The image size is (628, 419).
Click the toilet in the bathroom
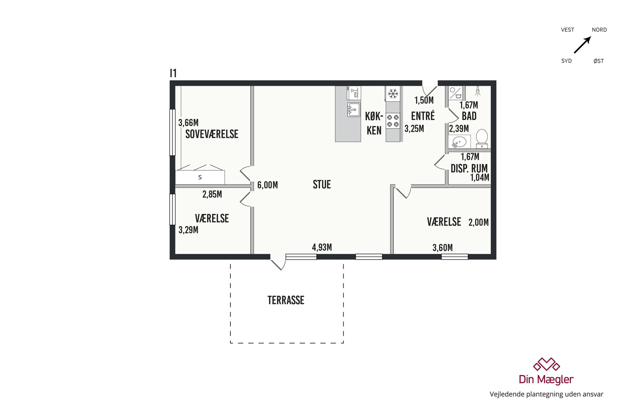(482, 139)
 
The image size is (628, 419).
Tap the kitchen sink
(354, 110)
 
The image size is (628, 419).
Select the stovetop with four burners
(393, 121)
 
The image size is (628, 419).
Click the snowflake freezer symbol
(393, 93)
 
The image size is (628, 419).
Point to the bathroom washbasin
(459, 142)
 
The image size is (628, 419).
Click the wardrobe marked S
(200, 177)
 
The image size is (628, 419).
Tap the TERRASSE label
(286, 300)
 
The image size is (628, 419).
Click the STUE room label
(322, 185)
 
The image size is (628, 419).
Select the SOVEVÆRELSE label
(212, 134)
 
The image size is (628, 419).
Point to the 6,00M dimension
(268, 185)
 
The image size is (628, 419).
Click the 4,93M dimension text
(322, 247)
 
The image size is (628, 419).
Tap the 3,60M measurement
(443, 248)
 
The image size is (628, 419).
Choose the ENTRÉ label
(423, 116)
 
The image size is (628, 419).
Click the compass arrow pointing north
(583, 45)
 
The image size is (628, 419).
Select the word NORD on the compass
(599, 30)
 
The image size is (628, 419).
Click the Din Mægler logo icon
(546, 365)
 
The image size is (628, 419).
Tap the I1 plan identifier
(173, 73)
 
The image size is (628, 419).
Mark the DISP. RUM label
(469, 168)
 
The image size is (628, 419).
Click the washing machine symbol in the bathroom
(455, 93)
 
